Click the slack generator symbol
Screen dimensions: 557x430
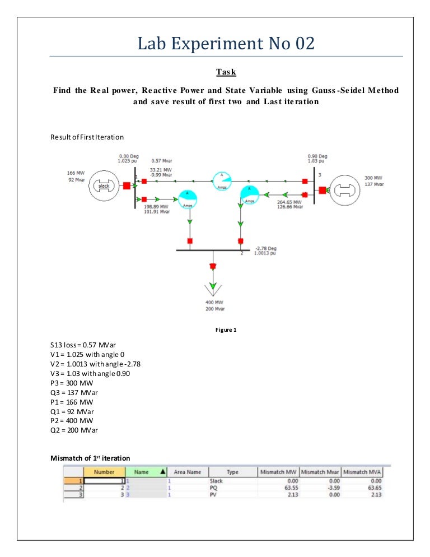point(104,185)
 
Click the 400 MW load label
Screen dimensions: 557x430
point(214,302)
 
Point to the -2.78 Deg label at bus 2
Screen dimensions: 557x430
point(264,248)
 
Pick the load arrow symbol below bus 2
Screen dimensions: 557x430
point(212,286)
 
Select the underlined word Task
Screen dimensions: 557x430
point(226,72)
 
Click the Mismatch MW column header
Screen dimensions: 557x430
point(278,472)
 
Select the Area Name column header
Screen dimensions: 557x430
point(187,472)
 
